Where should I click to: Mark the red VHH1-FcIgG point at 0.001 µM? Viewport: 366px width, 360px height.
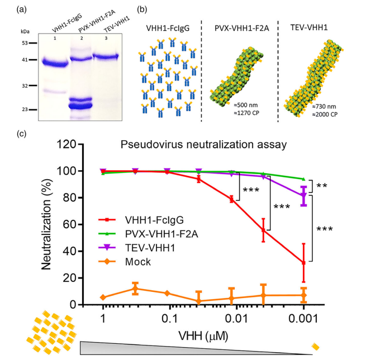[x=303, y=262]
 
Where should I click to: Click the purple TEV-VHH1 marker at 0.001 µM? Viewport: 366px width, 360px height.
[x=303, y=196]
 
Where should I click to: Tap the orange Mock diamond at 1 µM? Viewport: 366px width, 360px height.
[x=103, y=297]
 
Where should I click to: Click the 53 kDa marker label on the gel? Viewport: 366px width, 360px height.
[x=25, y=42]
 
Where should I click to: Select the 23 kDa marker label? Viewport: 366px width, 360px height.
[x=25, y=110]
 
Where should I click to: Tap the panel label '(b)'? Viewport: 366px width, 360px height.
[x=142, y=9]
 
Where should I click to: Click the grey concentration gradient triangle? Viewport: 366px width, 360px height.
[x=168, y=348]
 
